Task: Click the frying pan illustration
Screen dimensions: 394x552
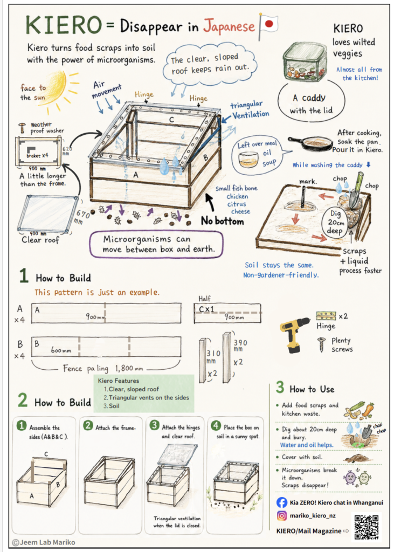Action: tap(310, 142)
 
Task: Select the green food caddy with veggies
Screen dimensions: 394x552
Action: tap(305, 62)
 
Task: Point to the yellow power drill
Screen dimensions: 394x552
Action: tap(294, 334)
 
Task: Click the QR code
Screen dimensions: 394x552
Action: tap(366, 527)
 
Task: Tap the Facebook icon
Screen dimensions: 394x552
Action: tap(282, 502)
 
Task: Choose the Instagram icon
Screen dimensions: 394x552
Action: tap(282, 516)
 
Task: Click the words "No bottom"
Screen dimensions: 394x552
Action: tap(223, 221)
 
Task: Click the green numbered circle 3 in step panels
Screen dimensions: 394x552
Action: tap(155, 426)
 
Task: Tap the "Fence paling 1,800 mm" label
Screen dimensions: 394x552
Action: tap(103, 369)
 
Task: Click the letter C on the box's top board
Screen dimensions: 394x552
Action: tap(171, 120)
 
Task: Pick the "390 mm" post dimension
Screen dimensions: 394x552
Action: tap(240, 346)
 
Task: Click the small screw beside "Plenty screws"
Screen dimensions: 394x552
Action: tap(321, 344)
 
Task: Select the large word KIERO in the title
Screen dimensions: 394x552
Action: tap(64, 25)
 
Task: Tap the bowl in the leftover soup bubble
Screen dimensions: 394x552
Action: tap(248, 160)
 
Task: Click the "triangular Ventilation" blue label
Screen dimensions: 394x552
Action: tap(250, 110)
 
